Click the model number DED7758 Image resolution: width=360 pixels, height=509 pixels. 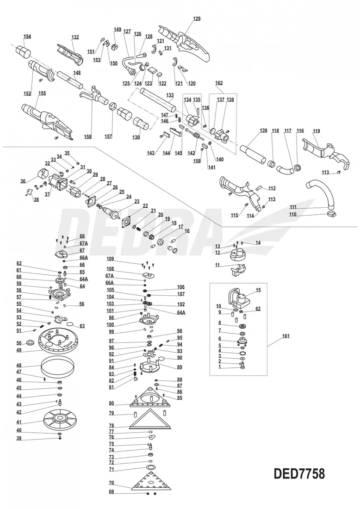click(x=299, y=474)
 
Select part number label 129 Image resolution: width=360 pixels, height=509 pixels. click(x=197, y=19)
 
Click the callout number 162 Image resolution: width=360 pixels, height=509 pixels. click(x=219, y=83)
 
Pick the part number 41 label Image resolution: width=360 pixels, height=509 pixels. click(x=19, y=422)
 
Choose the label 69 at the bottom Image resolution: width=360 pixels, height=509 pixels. click(x=111, y=492)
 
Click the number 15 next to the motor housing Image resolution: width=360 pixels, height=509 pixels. click(x=258, y=290)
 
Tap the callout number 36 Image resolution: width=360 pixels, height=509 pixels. click(x=23, y=181)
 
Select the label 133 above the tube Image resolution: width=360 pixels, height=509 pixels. click(x=170, y=94)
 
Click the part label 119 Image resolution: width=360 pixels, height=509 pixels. click(x=316, y=131)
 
